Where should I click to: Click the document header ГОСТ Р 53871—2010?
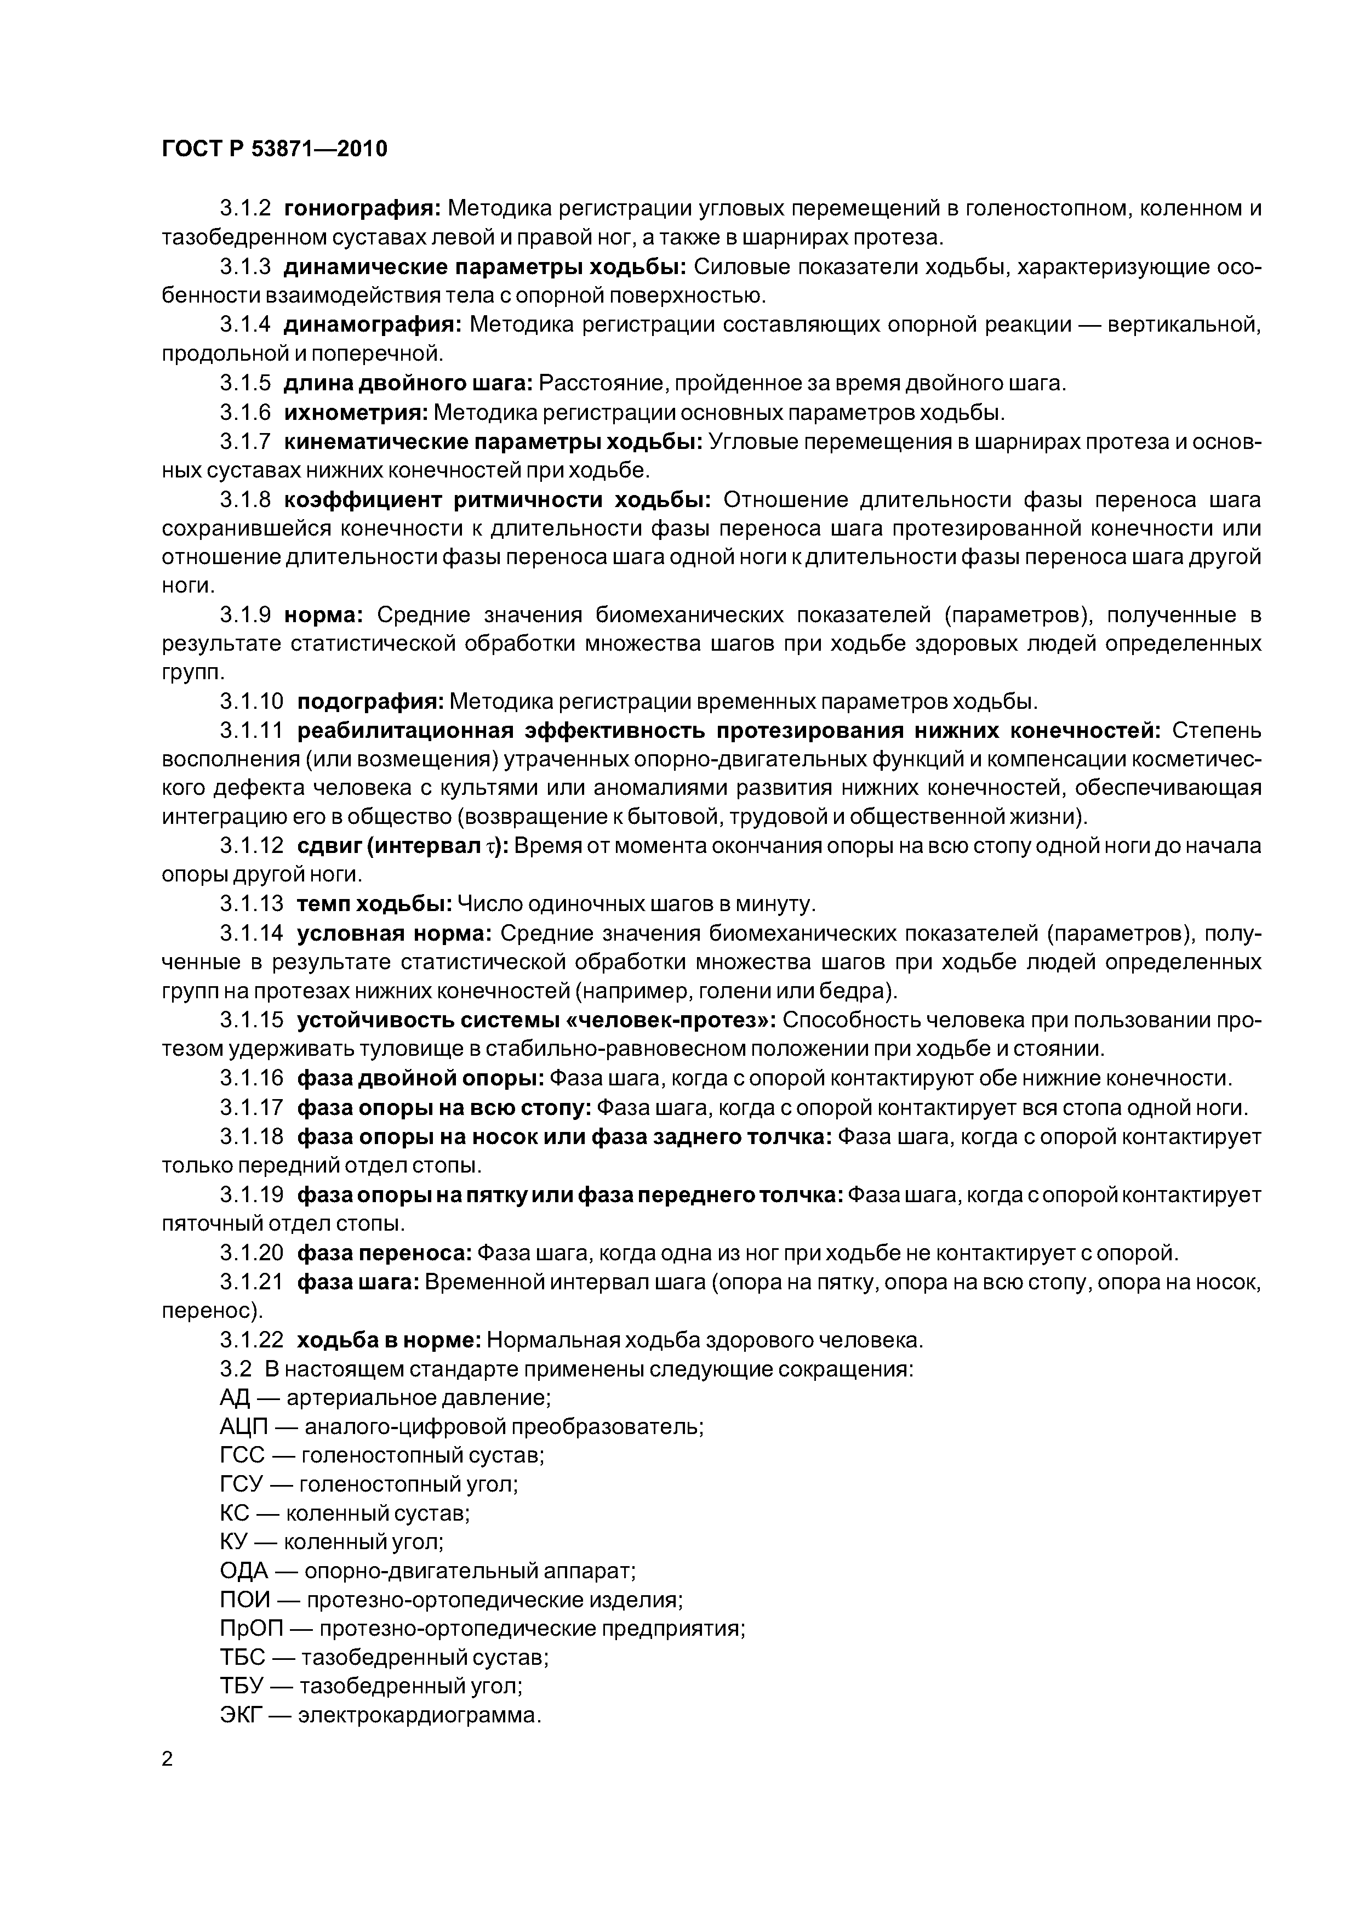tap(274, 149)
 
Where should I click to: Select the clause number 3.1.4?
tap(245, 324)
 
